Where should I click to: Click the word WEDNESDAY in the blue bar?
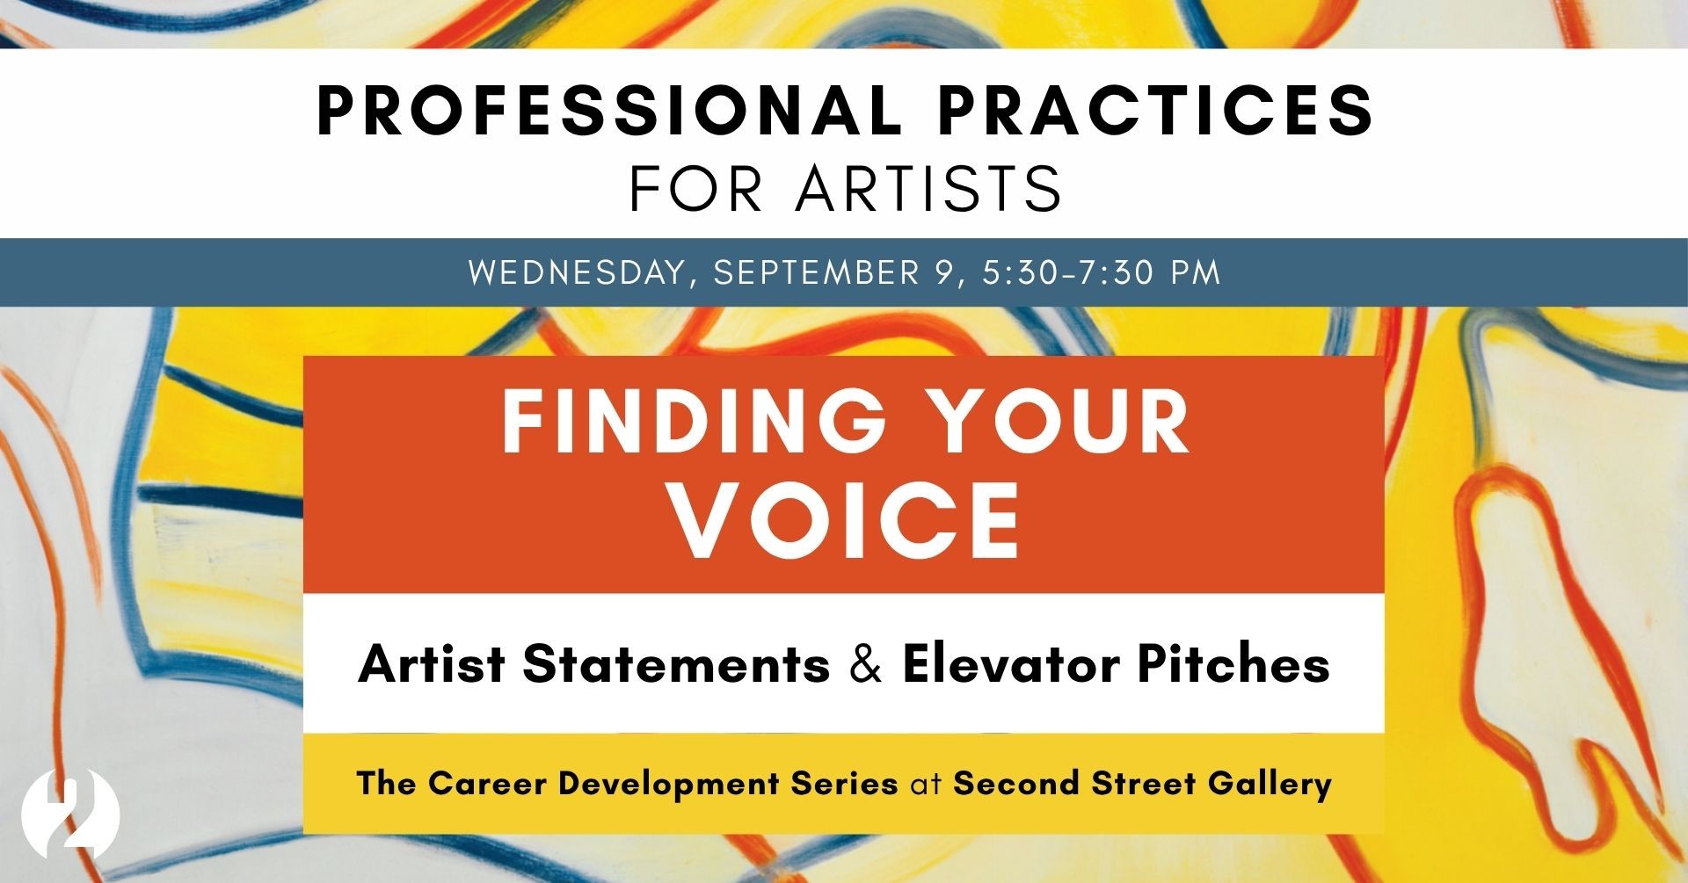click(577, 272)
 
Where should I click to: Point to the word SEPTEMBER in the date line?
click(816, 272)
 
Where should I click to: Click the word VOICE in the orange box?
click(845, 520)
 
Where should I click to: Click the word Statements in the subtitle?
click(676, 664)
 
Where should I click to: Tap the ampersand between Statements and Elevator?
click(866, 664)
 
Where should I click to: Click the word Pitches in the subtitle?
click(1233, 664)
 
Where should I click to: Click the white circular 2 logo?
click(69, 814)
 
